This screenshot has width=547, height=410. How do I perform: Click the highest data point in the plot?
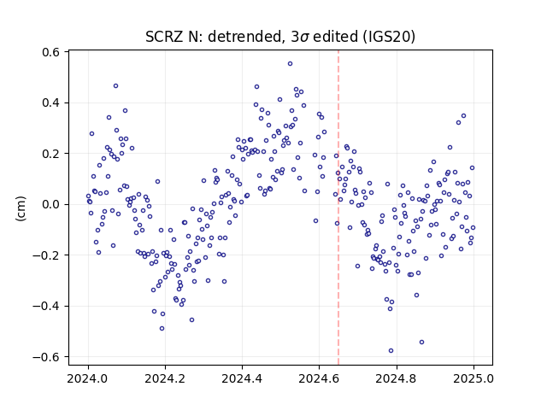coord(290,64)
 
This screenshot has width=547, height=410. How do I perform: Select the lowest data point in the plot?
coord(391,350)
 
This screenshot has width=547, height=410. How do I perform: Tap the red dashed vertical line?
coord(338,208)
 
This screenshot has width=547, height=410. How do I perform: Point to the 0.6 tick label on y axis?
coord(50,52)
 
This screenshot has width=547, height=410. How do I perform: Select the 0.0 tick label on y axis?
coord(50,204)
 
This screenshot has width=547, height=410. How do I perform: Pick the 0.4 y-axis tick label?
coord(50,102)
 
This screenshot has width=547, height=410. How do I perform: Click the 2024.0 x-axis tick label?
coord(88,378)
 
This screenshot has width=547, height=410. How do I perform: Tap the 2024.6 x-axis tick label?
coord(319,378)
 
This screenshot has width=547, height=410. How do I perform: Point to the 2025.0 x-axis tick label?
coord(473,378)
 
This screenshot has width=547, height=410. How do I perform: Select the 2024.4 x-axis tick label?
coord(242,378)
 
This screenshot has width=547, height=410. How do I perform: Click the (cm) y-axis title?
coord(21,208)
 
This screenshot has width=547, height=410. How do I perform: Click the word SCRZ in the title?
coord(163,37)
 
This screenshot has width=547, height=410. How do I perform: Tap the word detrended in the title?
coord(244,37)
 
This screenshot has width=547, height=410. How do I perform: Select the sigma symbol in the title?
coord(304,38)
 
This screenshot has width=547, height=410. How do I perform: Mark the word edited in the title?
coord(335,37)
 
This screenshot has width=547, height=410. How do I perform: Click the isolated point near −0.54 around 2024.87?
coord(421,342)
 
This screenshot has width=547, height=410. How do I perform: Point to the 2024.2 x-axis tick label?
coord(165,378)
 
